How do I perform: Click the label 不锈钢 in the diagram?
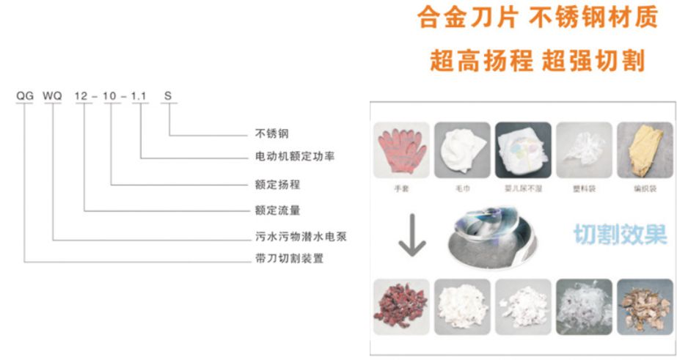[x=271, y=133]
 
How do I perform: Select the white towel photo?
[x=461, y=150]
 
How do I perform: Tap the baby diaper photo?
[x=522, y=150]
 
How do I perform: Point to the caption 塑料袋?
[x=583, y=189]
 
